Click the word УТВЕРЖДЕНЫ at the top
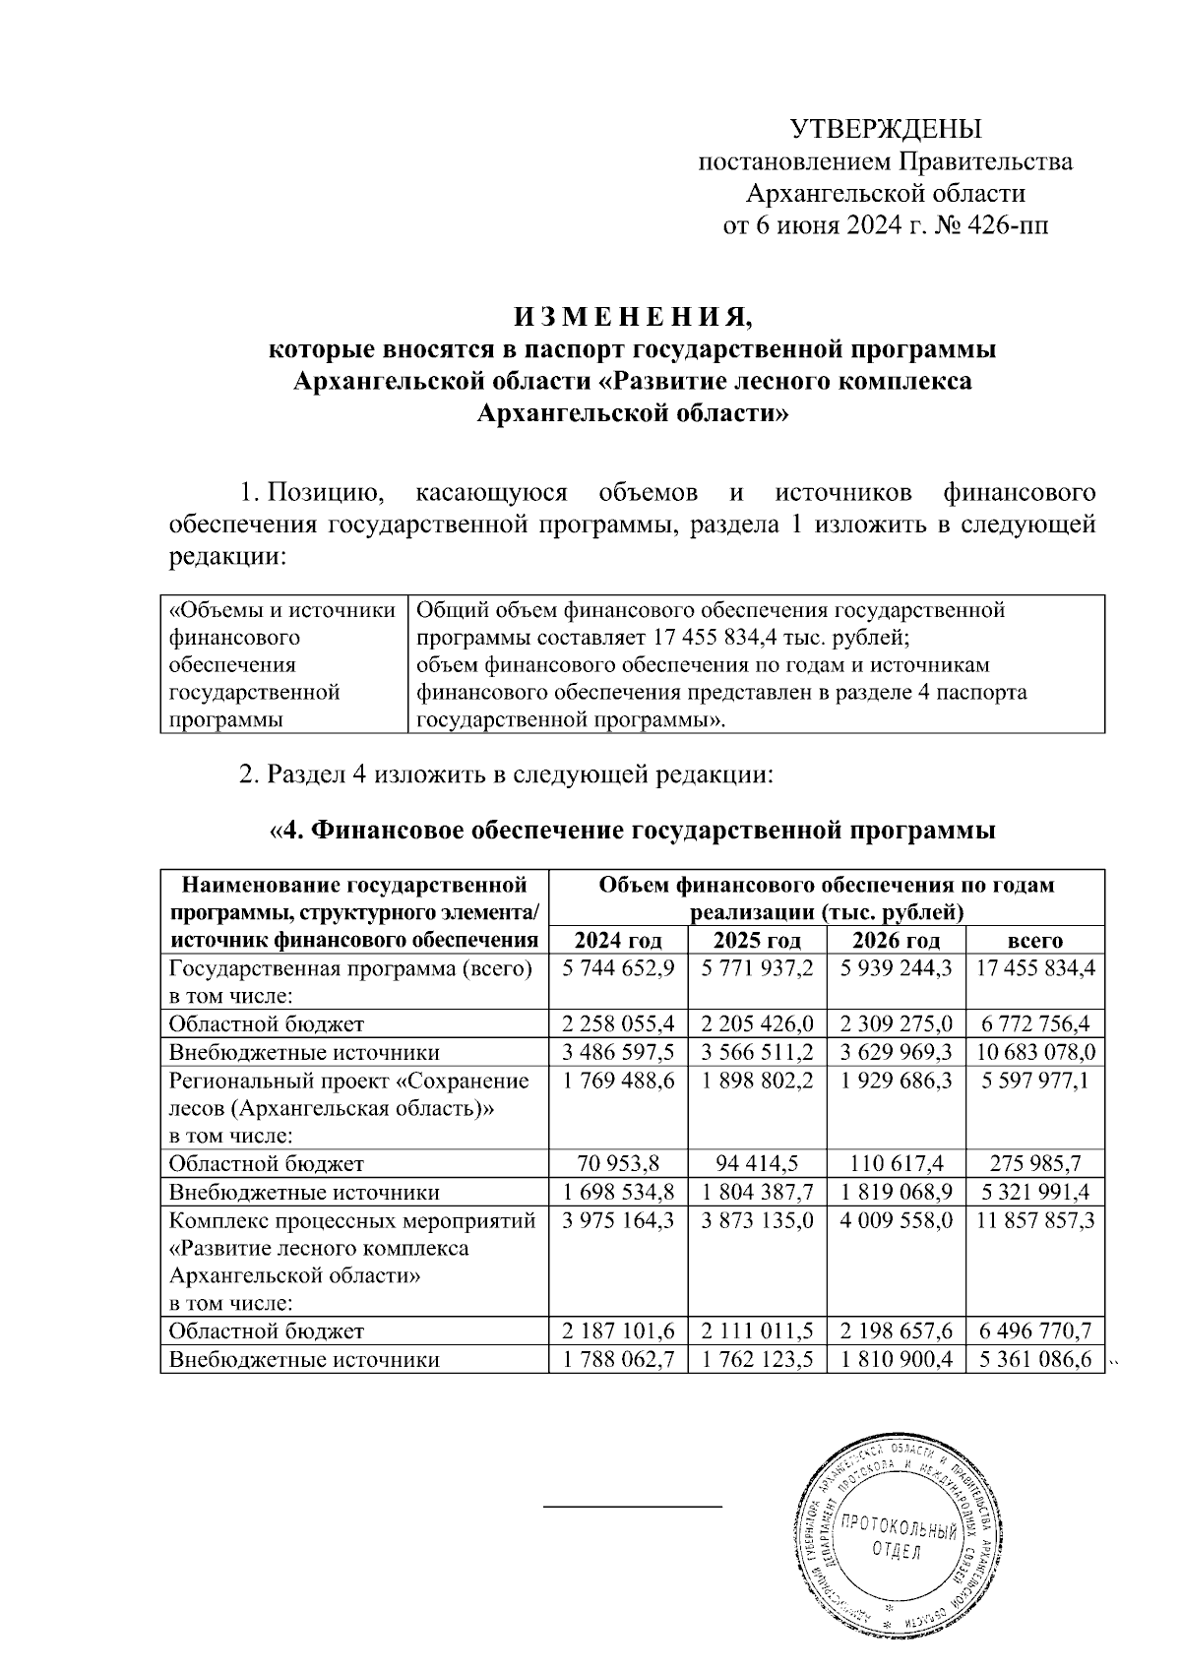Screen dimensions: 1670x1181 (887, 129)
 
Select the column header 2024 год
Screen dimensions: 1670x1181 (618, 939)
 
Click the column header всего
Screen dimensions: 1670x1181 (1035, 939)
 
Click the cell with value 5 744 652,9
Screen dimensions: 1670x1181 (618, 967)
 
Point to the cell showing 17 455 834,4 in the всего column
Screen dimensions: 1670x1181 (1035, 967)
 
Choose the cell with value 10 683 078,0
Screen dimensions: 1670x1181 (1035, 1051)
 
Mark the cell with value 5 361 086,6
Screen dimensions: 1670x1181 (1035, 1360)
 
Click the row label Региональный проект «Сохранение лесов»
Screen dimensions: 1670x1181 (349, 1093)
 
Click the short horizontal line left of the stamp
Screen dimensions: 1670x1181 (633, 1506)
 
